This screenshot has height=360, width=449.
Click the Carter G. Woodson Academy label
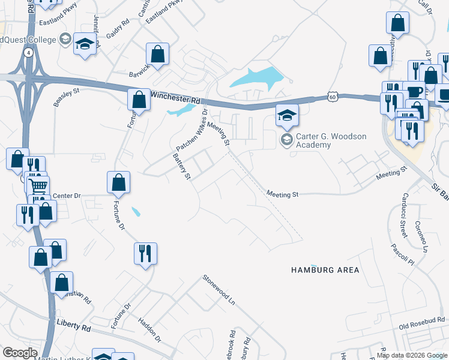tap(331, 140)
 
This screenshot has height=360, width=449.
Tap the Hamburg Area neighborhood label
tap(325, 270)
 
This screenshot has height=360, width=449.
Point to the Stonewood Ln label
tap(218, 289)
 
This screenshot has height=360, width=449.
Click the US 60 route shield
tap(334, 96)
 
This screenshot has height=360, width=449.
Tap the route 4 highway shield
tap(28, 52)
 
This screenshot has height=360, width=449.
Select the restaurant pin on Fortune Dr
tap(146, 253)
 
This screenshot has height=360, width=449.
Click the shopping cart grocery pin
tap(38, 186)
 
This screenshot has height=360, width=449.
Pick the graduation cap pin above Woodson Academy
tap(287, 114)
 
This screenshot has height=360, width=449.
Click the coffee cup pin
tap(414, 92)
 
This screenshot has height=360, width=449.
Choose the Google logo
tap(20, 352)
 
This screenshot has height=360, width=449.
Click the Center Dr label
tap(66, 196)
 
